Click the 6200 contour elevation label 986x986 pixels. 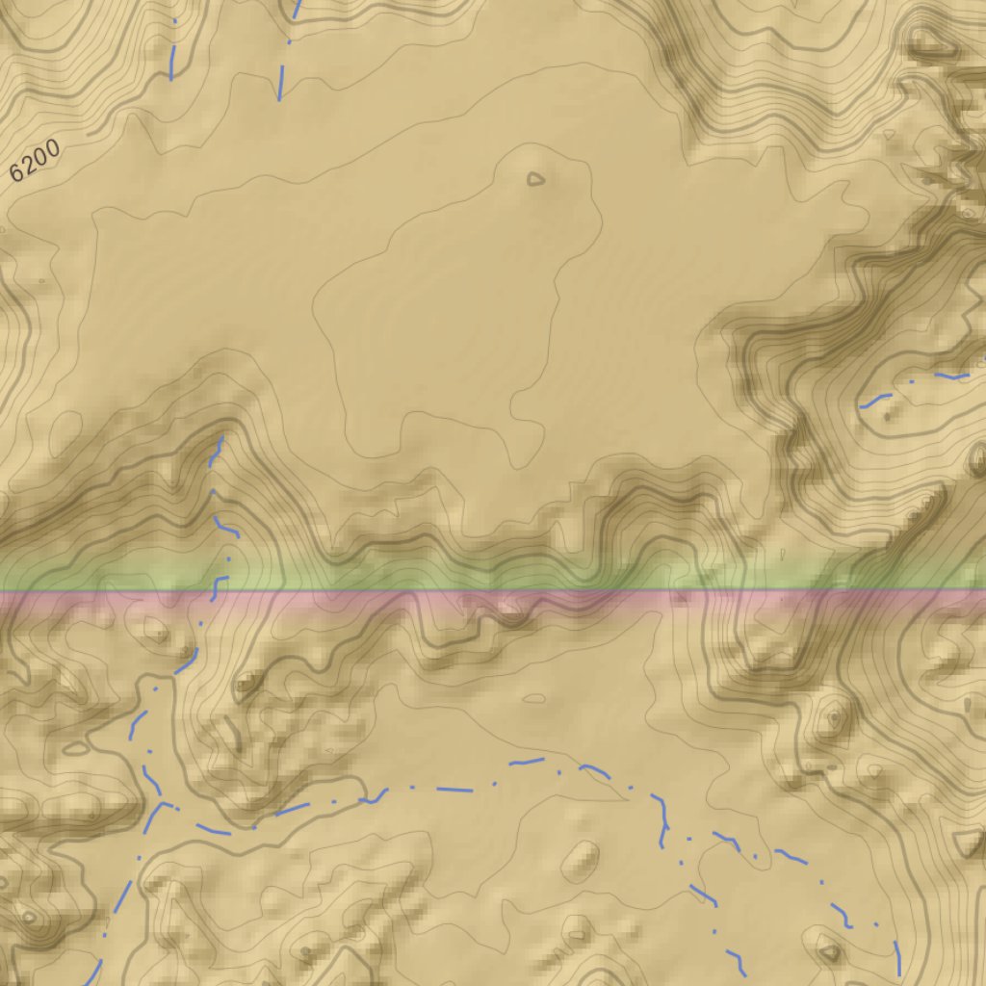click(36, 161)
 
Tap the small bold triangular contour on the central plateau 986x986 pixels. click(535, 179)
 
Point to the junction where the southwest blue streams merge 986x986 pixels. click(162, 802)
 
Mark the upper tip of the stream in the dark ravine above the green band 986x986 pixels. click(221, 440)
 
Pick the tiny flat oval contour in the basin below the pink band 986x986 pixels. click(533, 697)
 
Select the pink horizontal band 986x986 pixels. click(493, 600)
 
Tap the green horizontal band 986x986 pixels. click(493, 576)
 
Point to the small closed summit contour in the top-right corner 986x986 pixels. click(926, 40)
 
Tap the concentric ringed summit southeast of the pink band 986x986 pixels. click(830, 718)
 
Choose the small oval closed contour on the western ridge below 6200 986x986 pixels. click(40, 281)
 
